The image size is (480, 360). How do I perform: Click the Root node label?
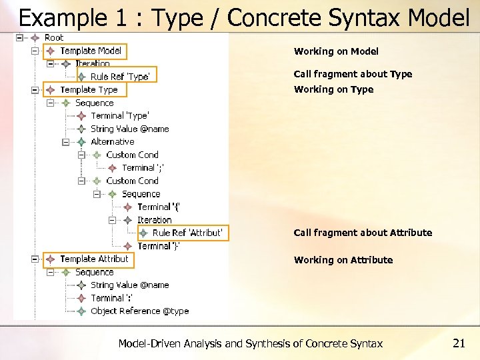[53, 38]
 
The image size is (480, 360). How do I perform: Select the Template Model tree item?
[90, 51]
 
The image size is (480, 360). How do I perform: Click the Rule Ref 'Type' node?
[119, 77]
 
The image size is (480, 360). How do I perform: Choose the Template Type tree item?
[88, 90]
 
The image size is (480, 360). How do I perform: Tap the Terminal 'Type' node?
[119, 116]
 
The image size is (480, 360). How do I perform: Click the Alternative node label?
[112, 142]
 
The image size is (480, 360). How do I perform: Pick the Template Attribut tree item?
[93, 259]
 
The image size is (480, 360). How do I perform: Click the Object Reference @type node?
[139, 311]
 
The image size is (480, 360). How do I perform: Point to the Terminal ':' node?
[111, 298]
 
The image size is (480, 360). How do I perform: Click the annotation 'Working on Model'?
[336, 51]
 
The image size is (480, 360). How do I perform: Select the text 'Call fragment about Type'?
[353, 74]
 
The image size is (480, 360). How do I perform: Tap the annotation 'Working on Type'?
[333, 89]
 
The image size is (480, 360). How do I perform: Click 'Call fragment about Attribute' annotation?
[363, 233]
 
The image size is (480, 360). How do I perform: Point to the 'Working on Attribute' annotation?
[343, 260]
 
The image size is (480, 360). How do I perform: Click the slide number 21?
[459, 343]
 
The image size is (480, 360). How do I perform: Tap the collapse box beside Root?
[20, 38]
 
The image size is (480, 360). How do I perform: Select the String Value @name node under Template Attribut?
[129, 285]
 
